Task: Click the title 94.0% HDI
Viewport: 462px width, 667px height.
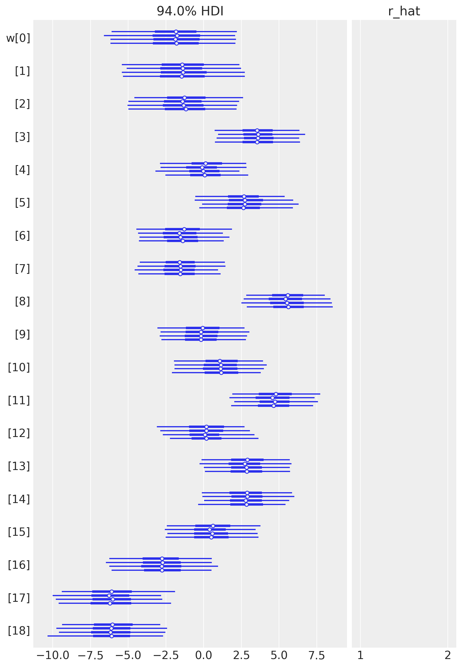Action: coord(190,11)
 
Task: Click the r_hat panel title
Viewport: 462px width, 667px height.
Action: coord(404,11)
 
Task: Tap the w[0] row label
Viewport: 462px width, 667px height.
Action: coord(18,38)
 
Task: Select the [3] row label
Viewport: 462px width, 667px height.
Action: coord(22,137)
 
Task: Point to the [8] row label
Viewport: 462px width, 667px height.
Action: coord(22,301)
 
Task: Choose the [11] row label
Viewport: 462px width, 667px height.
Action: coord(19,400)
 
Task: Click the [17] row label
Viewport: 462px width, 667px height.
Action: coord(19,598)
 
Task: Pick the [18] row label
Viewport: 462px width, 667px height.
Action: coord(19,631)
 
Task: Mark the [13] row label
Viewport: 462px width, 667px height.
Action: coord(19,466)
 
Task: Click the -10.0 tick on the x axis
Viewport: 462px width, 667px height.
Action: coord(53,655)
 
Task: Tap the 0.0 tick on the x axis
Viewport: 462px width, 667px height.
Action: coord(203,655)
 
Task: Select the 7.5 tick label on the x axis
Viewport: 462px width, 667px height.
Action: coord(317,655)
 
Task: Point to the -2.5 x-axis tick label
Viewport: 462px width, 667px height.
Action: coord(166,655)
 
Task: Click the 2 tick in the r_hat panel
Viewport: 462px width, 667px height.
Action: coord(447,655)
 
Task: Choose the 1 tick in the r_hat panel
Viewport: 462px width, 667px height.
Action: coord(360,655)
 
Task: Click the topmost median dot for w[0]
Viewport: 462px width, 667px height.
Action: coord(176,32)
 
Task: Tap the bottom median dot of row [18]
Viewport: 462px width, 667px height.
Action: coord(112,636)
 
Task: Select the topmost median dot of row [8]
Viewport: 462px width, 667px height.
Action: coord(288,295)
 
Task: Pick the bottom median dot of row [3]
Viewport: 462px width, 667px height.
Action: coord(257,142)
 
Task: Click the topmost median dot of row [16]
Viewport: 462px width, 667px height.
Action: coord(162,559)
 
